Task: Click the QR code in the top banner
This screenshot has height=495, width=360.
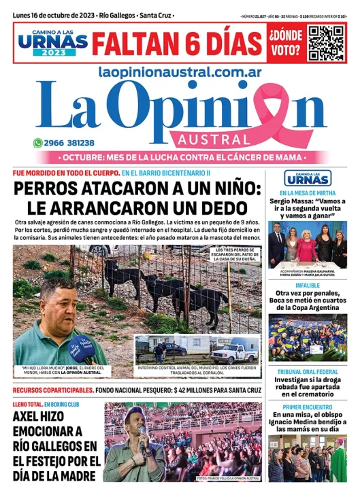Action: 327,43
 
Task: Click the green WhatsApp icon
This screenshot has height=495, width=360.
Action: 38,143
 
